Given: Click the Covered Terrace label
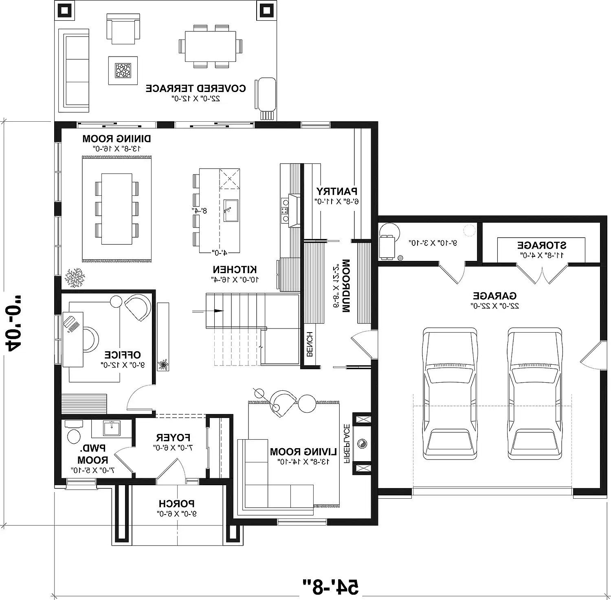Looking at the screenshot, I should [196, 88].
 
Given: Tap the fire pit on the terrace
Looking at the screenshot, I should [123, 70].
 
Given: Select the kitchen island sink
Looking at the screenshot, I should [231, 210].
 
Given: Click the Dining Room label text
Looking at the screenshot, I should [116, 139].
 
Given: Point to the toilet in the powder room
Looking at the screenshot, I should [74, 434].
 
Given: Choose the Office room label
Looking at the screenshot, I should [122, 355].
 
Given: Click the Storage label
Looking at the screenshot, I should [541, 245].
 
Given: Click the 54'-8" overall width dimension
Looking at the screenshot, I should [330, 586].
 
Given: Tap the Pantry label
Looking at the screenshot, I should [337, 191].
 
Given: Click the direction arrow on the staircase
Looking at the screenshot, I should [219, 311].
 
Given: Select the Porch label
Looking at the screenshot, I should [177, 504].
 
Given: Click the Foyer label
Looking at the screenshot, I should [173, 438].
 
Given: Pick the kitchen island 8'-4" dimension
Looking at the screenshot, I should [200, 210].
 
